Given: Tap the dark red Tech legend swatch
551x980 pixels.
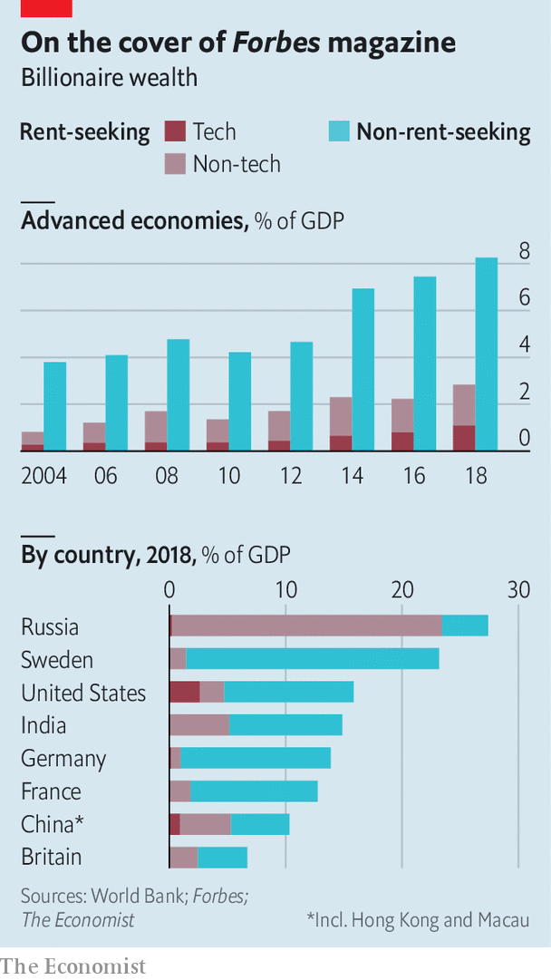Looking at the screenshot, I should pos(175,131).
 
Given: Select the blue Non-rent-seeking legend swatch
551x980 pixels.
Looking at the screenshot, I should pos(338,131).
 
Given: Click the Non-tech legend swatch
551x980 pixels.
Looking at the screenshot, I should pos(175,164).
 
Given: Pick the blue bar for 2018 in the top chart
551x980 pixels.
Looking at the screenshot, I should pos(487,354).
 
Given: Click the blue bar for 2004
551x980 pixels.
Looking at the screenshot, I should pos(55,405).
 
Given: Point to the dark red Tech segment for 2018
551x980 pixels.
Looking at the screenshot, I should pos(464,437).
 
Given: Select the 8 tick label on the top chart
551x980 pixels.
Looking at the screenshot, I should pos(524,252).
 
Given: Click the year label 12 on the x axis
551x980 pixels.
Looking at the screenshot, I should pos(290,476).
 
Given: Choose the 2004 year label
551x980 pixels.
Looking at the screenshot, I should pos(44,476).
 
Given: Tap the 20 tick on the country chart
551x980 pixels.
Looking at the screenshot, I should pos(401,589).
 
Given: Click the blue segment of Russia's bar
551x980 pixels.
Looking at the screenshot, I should pos(465,626).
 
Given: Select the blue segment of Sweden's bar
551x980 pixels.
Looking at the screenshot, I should pos(313,659).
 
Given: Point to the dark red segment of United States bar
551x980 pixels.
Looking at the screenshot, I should pos(184,692).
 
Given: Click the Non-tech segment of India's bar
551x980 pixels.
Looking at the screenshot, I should pos(199,724).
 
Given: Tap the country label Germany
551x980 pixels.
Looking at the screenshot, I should pos(63,758).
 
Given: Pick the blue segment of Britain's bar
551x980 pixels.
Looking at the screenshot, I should pos(222,857).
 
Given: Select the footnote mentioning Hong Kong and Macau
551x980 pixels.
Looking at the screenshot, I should pos(418,919).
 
